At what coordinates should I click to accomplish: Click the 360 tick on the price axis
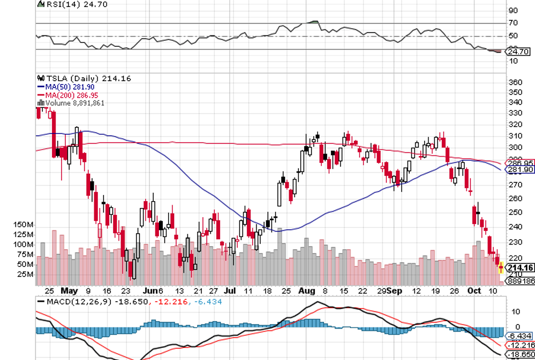(x=516, y=82)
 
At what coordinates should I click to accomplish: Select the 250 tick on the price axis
(x=516, y=213)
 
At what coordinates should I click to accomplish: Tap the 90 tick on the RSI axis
(x=514, y=10)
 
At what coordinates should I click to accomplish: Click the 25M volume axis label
(x=23, y=274)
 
